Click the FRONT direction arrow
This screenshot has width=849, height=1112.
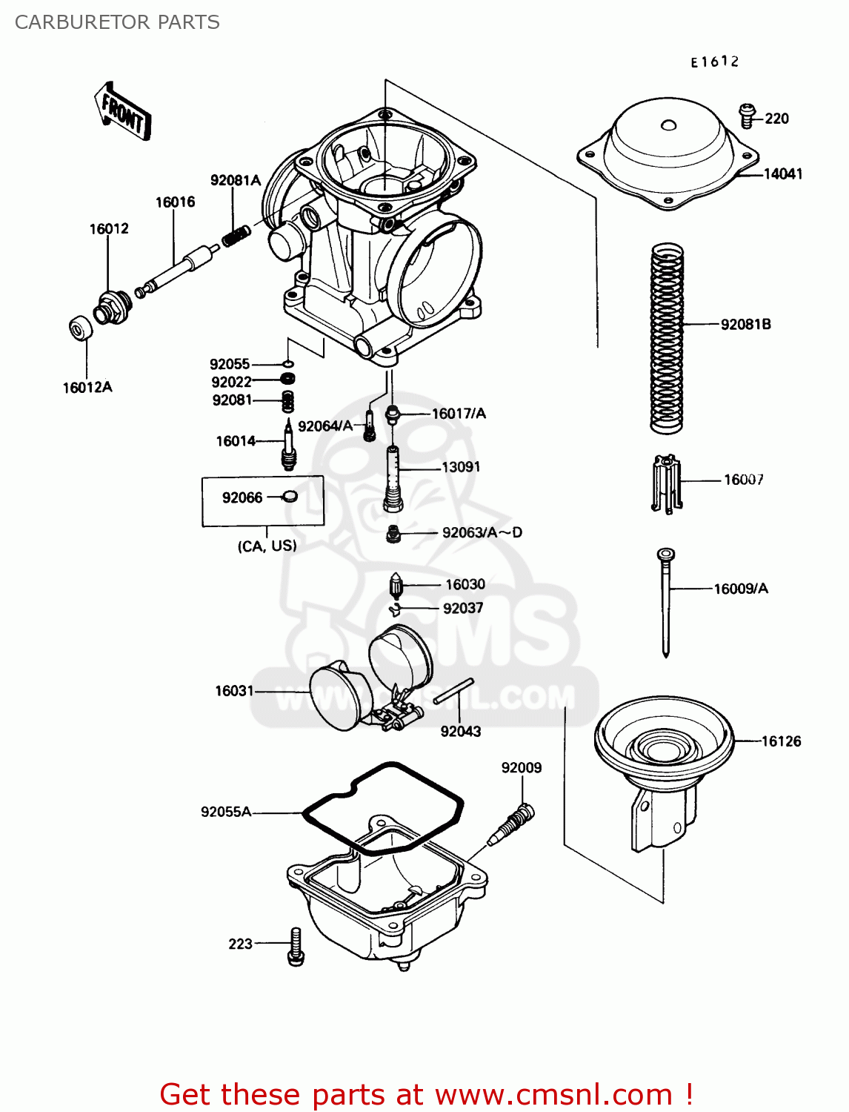click(122, 112)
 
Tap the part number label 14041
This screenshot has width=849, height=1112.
click(783, 174)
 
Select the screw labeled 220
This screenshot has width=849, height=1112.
click(747, 116)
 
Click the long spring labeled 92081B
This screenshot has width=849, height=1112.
click(666, 338)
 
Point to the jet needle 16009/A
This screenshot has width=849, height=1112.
click(666, 600)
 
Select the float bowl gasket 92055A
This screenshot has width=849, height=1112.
click(383, 808)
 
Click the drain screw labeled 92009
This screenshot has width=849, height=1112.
click(513, 824)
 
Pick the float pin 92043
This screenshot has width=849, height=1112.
click(453, 691)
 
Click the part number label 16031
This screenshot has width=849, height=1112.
click(234, 691)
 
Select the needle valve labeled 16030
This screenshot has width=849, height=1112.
click(396, 587)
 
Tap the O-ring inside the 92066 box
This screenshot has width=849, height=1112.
click(290, 497)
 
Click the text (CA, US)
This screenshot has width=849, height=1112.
click(267, 546)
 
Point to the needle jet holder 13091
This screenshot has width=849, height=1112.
click(393, 478)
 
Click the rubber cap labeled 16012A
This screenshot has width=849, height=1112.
click(80, 328)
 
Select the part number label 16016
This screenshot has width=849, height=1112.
click(175, 202)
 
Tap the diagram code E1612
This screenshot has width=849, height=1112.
click(714, 62)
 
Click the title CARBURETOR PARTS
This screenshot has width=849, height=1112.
click(117, 22)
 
